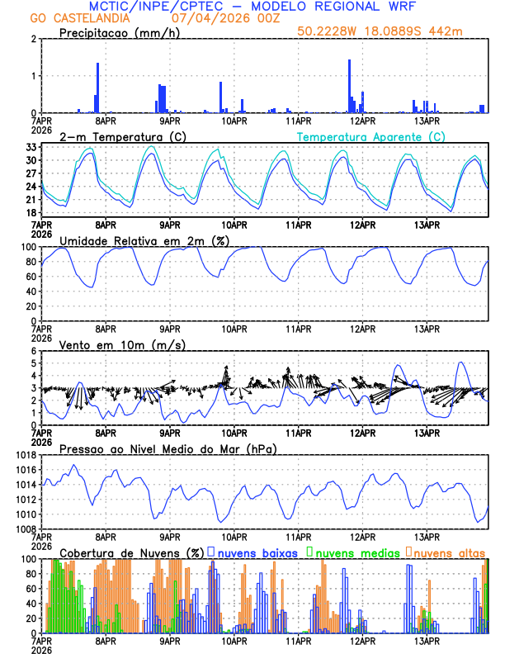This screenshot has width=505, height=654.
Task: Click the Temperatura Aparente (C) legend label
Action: [x=371, y=136]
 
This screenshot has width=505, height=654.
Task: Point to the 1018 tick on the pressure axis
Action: [x=24, y=455]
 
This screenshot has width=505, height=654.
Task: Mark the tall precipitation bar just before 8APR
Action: [x=97, y=88]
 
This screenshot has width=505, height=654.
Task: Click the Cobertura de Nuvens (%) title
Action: [x=132, y=552]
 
